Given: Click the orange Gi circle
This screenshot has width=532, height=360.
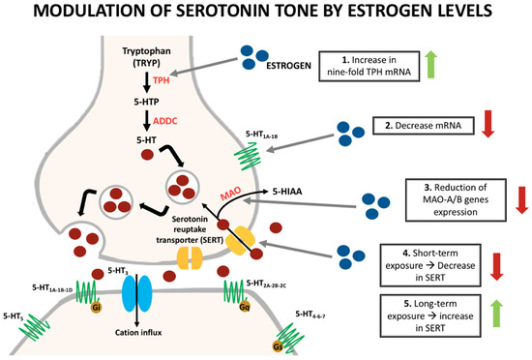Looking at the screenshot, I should point(96,309).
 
